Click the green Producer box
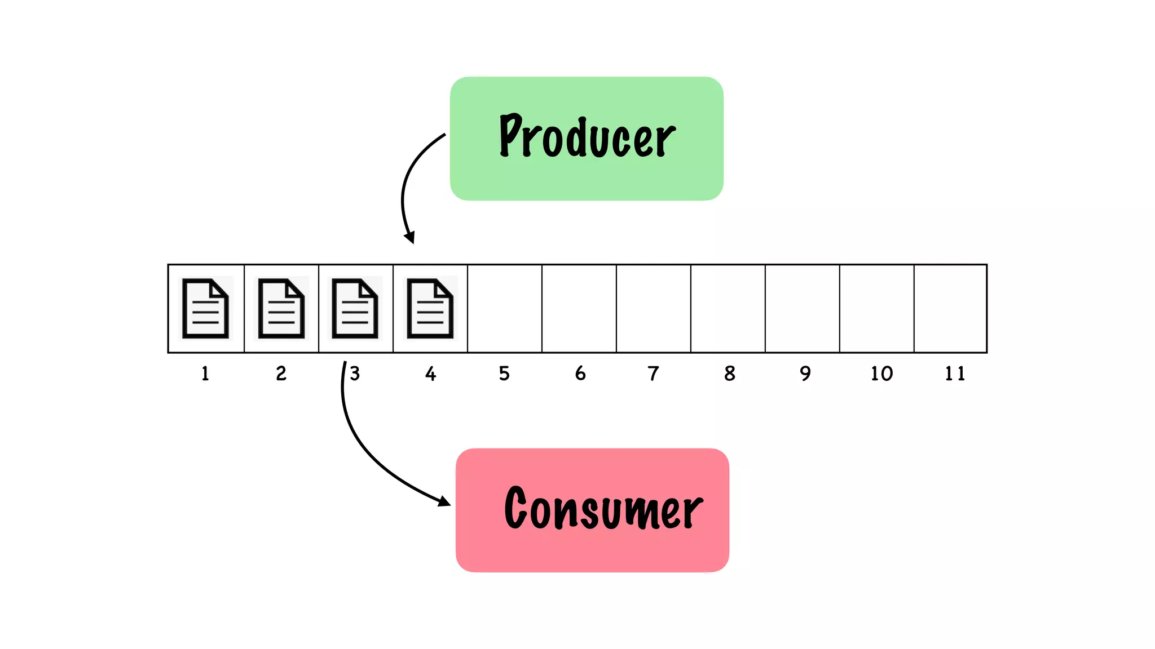click(587, 139)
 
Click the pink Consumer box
click(592, 510)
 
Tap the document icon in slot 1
click(206, 308)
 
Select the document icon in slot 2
click(281, 308)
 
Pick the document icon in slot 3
click(355, 308)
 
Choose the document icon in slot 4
click(430, 309)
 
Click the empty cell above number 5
click(505, 308)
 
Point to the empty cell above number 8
click(728, 308)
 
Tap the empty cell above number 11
click(950, 308)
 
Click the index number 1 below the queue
click(205, 374)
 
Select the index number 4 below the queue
click(431, 374)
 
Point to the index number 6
click(580, 374)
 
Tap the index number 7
click(653, 374)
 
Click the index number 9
click(805, 374)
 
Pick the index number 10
click(881, 374)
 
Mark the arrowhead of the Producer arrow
click(410, 237)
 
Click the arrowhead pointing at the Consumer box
click(444, 501)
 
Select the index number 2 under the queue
click(281, 374)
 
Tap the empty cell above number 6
click(579, 308)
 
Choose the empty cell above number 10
click(877, 308)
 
